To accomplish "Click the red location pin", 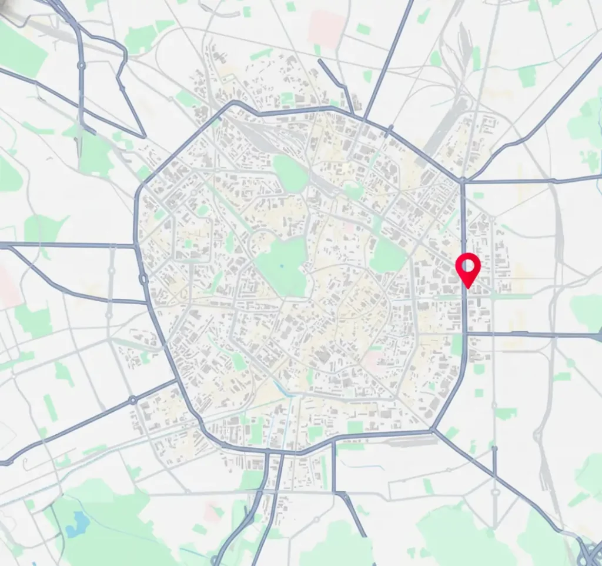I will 468,269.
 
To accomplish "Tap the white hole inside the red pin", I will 468,266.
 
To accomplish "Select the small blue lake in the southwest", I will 78,523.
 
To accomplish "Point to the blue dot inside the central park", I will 282,266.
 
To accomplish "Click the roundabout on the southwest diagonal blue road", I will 133,400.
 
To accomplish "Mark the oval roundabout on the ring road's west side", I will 142,279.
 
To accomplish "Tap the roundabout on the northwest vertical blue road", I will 81,65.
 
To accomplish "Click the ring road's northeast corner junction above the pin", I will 463,180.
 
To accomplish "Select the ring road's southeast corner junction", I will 433,431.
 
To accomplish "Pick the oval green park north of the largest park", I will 290,173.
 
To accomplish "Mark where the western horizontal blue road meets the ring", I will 136,245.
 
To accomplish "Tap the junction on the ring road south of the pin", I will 464,334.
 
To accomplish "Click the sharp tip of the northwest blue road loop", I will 145,137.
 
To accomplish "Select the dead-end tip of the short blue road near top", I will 319,61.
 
